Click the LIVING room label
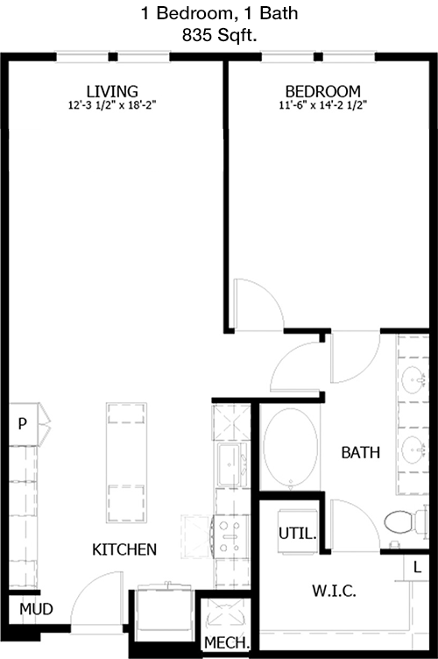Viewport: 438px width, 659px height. coord(112,91)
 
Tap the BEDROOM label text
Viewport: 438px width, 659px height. coord(323,91)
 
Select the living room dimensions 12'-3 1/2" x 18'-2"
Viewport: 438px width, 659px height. coord(112,105)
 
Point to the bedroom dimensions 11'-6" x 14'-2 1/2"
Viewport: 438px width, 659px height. coord(323,105)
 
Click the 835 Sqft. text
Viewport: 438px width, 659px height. coord(219,35)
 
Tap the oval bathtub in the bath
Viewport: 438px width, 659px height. coord(290,447)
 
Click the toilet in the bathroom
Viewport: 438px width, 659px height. coord(406,522)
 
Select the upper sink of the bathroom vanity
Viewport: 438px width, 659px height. coord(413,379)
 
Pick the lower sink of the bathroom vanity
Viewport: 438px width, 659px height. coord(413,450)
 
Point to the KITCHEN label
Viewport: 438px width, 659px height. coord(124,549)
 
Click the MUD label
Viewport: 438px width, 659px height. coord(36,609)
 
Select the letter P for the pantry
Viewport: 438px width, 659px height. coord(23,423)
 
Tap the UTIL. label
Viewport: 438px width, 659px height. coord(297,534)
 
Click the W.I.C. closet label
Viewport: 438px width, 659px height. coord(334,591)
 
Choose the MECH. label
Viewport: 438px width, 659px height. coord(227,642)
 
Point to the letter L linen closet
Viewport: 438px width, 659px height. coord(417,567)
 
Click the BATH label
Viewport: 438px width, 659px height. coord(361,453)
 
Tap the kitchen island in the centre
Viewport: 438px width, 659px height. coord(126,463)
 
